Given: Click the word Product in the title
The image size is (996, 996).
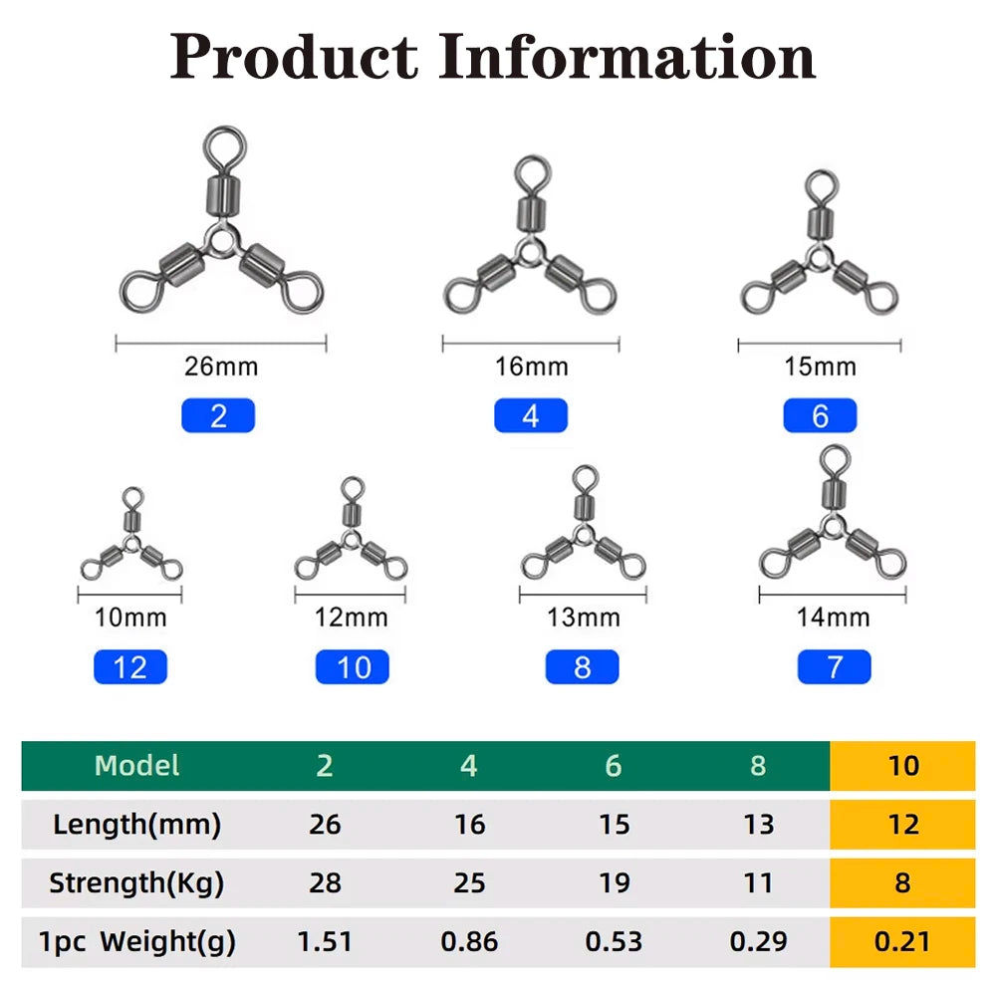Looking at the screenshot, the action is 294,57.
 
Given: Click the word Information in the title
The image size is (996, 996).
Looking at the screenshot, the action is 626,57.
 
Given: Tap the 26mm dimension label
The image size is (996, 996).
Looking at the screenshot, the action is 221,367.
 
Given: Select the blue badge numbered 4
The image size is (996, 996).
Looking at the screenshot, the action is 531,415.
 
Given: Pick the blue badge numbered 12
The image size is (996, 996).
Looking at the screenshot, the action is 130,667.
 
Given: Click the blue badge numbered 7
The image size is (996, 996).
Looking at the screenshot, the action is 834,667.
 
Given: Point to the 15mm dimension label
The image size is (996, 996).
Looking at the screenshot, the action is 820,367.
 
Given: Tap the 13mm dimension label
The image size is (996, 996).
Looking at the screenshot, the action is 583,618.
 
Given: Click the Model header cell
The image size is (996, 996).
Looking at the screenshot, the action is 136,765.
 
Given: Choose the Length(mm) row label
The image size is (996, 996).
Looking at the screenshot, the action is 136,825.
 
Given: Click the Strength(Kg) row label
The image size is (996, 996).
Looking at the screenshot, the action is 136,882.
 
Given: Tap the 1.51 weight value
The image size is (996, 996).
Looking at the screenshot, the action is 325,941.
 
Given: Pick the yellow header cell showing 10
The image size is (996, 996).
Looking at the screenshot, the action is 902,765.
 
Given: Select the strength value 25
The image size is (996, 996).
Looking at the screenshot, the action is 469,882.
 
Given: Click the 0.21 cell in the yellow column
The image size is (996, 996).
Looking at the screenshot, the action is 902,941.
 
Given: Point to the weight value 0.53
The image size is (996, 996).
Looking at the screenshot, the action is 614,941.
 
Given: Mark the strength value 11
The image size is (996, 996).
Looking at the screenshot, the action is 758,882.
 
